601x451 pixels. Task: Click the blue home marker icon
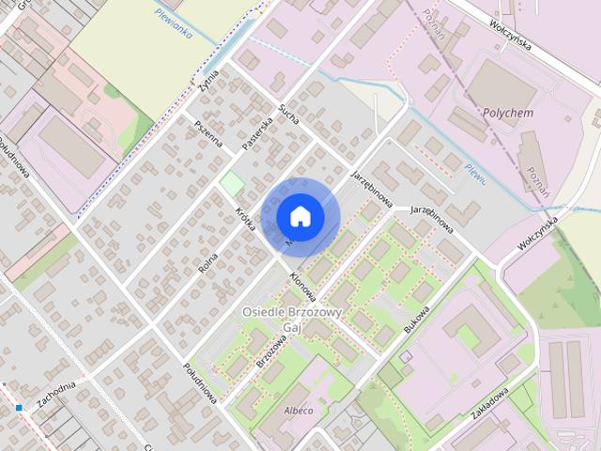(300, 217)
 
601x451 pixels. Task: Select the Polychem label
(507, 112)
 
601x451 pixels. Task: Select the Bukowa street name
(415, 319)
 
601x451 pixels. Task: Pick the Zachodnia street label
(55, 395)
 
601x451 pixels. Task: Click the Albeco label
(299, 411)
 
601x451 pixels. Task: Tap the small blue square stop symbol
(18, 407)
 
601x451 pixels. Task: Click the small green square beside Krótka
(231, 183)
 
